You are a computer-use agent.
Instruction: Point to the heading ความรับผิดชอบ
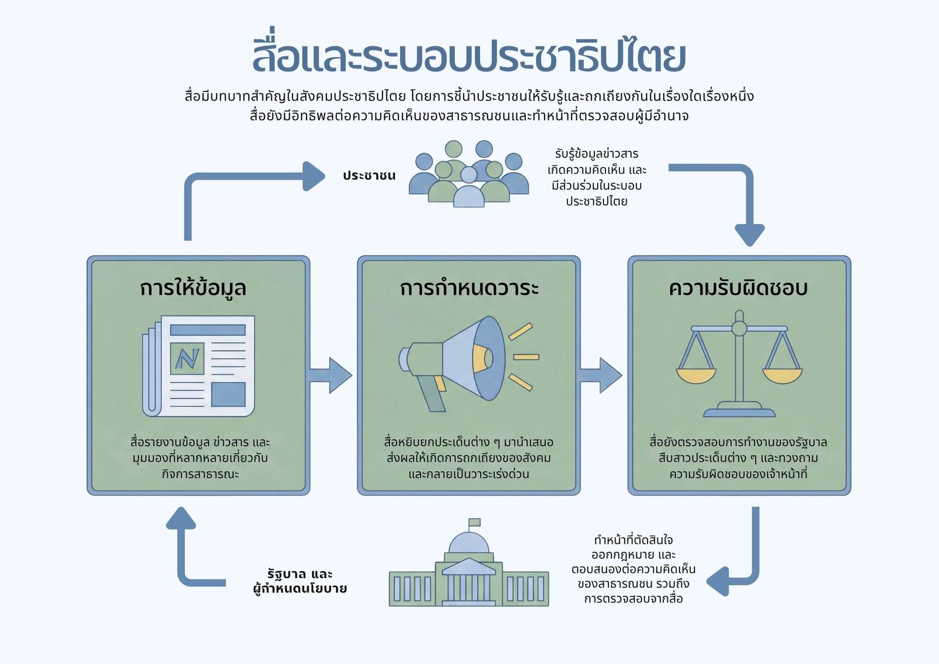pyautogui.click(x=738, y=288)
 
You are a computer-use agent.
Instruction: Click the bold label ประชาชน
pyautogui.click(x=369, y=176)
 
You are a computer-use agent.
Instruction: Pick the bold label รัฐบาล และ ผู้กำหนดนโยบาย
pyautogui.click(x=300, y=581)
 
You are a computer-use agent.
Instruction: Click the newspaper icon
pyautogui.click(x=198, y=366)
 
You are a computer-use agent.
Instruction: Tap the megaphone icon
pyautogui.click(x=468, y=363)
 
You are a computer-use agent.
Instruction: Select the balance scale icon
pyautogui.click(x=739, y=363)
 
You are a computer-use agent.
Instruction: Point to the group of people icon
pyautogui.click(x=469, y=174)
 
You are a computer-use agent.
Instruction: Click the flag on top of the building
pyautogui.click(x=474, y=523)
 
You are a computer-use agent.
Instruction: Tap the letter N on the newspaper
pyautogui.click(x=187, y=359)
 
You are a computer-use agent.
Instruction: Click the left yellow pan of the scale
pyautogui.click(x=696, y=376)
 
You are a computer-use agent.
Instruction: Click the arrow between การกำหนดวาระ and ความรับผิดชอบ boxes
pyautogui.click(x=601, y=375)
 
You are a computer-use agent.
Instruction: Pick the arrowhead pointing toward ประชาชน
pyautogui.click(x=313, y=176)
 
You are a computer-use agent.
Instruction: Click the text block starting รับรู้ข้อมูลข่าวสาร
pyautogui.click(x=596, y=177)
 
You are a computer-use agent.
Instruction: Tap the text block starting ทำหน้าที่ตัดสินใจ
pyautogui.click(x=633, y=569)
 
